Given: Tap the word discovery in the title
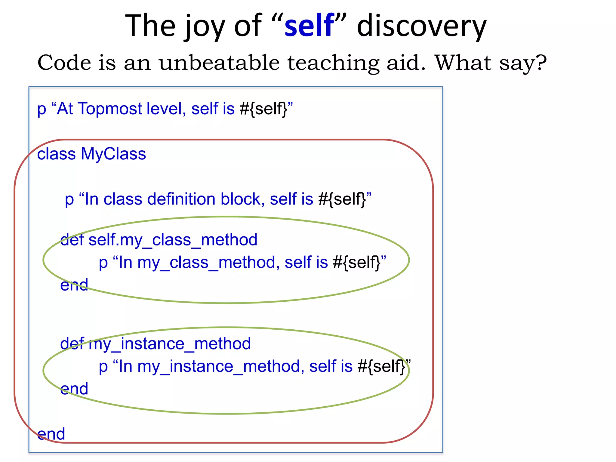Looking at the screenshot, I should pos(421,26).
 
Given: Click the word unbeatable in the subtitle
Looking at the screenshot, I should pos(219,63).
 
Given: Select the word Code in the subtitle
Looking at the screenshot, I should pos(64,63).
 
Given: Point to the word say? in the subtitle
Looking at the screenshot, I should pos(523,63).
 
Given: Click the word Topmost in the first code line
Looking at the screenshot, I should pos(110,109).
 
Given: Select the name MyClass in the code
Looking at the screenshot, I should pos(113,154).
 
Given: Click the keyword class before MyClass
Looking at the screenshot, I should pos(56,154).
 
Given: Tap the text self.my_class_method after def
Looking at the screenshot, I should pos(173,240).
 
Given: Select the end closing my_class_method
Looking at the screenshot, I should pos(74,285).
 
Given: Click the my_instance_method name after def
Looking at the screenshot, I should pos(170,344).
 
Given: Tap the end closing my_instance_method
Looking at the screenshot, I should pos(74,389).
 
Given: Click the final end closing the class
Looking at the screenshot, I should pos(51,434).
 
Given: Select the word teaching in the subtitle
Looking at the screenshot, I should pos(333,63).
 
